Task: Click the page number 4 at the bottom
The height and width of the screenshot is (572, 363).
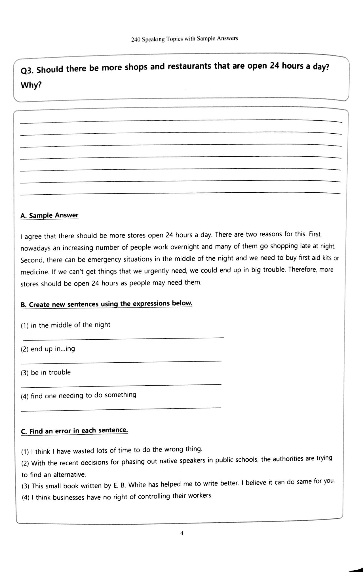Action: [182, 533]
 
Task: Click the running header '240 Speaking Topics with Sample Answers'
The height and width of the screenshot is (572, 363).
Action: [184, 39]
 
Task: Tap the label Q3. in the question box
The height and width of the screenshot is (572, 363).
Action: [28, 71]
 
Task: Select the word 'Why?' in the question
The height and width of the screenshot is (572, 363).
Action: [31, 85]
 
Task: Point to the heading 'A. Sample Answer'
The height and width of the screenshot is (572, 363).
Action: [49, 215]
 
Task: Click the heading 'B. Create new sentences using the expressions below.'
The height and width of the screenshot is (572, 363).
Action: [106, 304]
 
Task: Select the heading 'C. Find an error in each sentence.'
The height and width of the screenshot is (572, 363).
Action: [74, 431]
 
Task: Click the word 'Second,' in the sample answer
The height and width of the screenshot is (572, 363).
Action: [32, 260]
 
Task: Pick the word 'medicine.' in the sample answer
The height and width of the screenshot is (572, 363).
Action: [35, 272]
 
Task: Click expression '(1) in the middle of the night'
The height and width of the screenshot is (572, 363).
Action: [66, 325]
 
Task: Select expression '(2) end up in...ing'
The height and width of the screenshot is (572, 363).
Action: [48, 349]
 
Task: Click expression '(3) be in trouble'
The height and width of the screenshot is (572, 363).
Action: [46, 373]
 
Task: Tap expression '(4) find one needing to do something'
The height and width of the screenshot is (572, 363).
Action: [79, 396]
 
